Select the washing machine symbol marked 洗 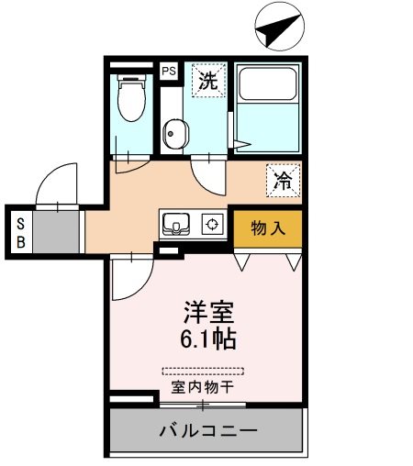pyautogui.click(x=206, y=80)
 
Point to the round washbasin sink pyautogui.click(x=173, y=134)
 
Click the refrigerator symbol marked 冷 pyautogui.click(x=284, y=180)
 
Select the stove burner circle pyautogui.click(x=211, y=223)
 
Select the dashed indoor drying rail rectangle pyautogui.click(x=204, y=371)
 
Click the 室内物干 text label pyautogui.click(x=203, y=387)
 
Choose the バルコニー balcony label pyautogui.click(x=208, y=430)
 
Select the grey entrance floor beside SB pyautogui.click(x=57, y=232)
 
